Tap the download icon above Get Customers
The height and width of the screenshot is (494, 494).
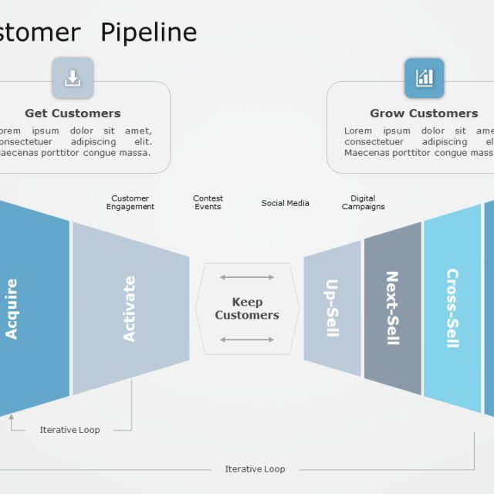pyautogui.click(x=73, y=78)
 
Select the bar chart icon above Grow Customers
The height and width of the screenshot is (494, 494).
pyautogui.click(x=425, y=78)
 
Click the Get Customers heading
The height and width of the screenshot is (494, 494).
pyautogui.click(x=73, y=113)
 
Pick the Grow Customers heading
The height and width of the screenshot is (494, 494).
pyautogui.click(x=424, y=113)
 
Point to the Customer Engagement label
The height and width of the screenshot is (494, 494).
pyautogui.click(x=130, y=203)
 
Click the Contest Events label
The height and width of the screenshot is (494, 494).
pyautogui.click(x=208, y=203)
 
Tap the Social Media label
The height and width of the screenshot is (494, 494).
pyautogui.click(x=285, y=203)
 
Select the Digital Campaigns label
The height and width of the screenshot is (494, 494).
pyautogui.click(x=363, y=203)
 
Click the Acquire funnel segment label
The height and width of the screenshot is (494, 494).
pyautogui.click(x=12, y=309)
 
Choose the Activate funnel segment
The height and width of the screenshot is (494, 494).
pyautogui.click(x=130, y=309)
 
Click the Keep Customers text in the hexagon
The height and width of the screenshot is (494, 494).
pyautogui.click(x=247, y=309)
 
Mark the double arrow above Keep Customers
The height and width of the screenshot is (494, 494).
pyautogui.click(x=247, y=277)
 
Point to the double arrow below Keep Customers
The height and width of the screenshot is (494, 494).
pyautogui.click(x=247, y=340)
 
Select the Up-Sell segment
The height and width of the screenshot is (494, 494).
pyautogui.click(x=332, y=309)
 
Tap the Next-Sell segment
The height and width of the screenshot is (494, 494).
pyautogui.click(x=393, y=309)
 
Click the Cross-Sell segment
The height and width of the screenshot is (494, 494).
pyautogui.click(x=452, y=309)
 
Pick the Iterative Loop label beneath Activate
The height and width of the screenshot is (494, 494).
pyautogui.click(x=69, y=430)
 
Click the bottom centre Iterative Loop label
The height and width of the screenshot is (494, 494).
pyautogui.click(x=255, y=469)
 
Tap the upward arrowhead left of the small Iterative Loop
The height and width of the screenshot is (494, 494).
pyautogui.click(x=12, y=418)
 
